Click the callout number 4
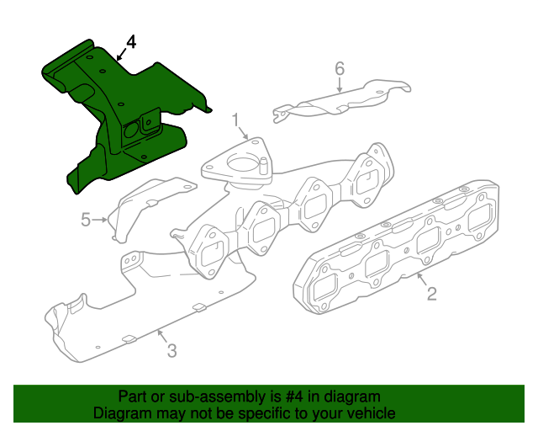[x=131, y=42]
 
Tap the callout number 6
[x=340, y=69]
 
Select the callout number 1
[x=235, y=120]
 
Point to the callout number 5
[x=86, y=219]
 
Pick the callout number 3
[x=171, y=350]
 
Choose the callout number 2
[x=431, y=294]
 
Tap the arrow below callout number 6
[x=340, y=85]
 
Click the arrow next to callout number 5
[x=100, y=219]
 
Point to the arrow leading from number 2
[x=422, y=279]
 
